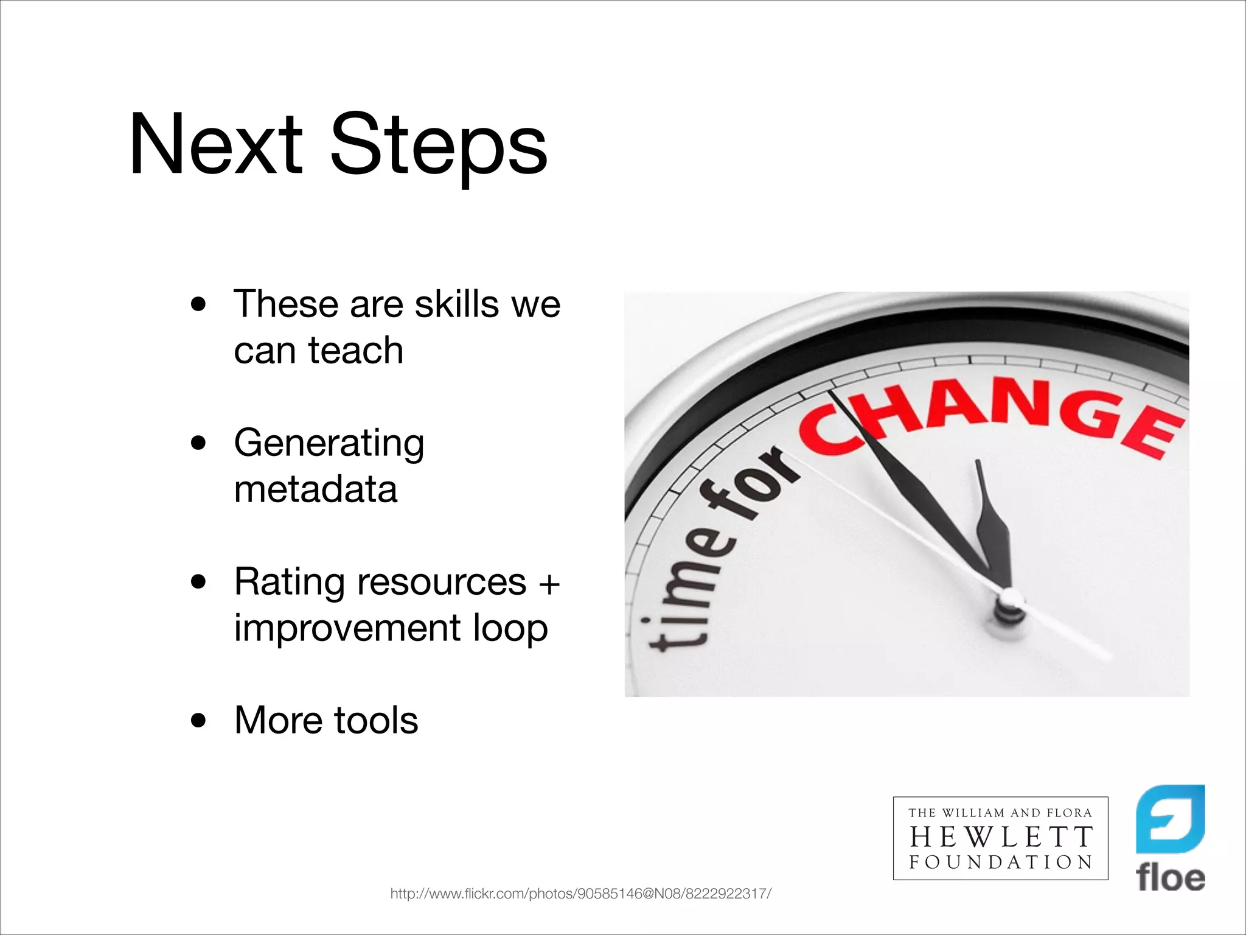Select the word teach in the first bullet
pos(356,351)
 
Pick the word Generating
pos(329,444)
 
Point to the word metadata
pos(316,489)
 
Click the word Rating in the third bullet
pos(289,583)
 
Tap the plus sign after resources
pos(549,584)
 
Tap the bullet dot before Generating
pos(198,444)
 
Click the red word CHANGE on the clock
pos(992,414)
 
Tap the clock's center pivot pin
pos(1011,599)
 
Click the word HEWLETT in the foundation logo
pos(1001,838)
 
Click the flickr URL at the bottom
pos(580,894)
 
